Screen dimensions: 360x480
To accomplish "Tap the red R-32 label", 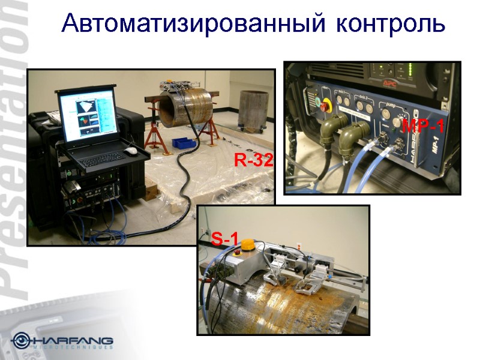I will click(x=254, y=160).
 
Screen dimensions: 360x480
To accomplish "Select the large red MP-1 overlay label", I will click(x=423, y=127).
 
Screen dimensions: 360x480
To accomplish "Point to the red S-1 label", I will click(x=224, y=241).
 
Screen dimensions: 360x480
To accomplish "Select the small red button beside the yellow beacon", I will click(x=235, y=253).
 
